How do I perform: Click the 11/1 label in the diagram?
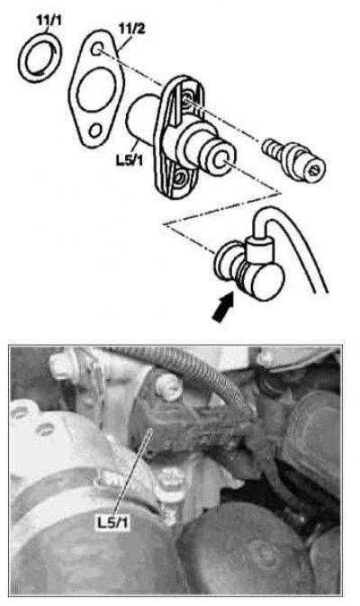[49, 21]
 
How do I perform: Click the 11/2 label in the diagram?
[131, 29]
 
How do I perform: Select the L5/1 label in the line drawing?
[130, 159]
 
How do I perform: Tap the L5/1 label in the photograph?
[112, 522]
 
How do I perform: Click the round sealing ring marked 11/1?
[23, 58]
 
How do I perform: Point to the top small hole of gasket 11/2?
[98, 50]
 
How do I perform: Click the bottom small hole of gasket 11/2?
[95, 131]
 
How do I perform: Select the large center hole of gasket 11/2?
[96, 90]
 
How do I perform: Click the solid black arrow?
[223, 307]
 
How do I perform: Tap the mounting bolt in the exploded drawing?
[294, 159]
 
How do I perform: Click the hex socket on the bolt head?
[313, 170]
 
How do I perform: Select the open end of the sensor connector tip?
[221, 159]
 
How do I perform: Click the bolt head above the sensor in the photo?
[168, 387]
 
